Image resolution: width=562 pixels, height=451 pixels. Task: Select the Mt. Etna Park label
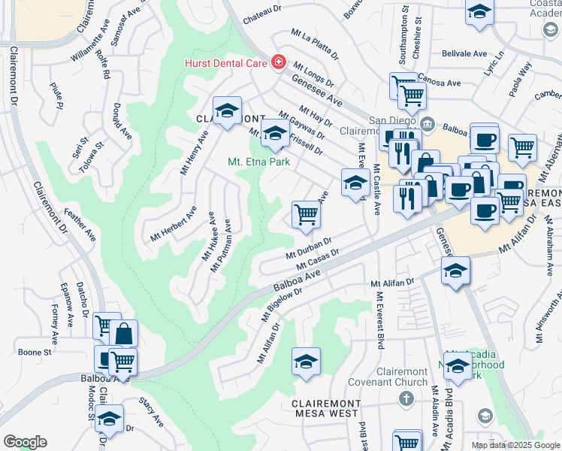pos(258,161)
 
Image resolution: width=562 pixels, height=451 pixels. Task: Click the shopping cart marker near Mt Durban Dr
pos(306,215)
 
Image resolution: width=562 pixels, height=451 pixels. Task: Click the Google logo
pos(25,442)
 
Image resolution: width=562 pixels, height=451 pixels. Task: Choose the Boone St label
pos(35,352)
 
